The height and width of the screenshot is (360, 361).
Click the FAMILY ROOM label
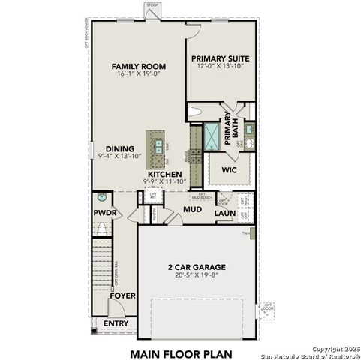139,66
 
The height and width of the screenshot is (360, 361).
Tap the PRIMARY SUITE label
220,58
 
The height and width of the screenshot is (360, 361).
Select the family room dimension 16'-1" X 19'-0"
139,74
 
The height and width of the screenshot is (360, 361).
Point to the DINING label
119,148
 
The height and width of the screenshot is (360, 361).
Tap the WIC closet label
230,169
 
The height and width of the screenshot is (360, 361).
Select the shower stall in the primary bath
212,135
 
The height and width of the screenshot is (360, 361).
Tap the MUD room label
192,210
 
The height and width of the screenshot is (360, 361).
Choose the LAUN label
225,214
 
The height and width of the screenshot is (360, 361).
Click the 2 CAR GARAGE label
196,267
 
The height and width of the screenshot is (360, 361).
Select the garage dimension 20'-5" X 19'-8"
196,275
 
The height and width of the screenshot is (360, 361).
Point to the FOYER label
122,295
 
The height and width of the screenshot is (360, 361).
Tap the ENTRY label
116,323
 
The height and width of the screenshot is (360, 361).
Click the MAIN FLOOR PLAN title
181,352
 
